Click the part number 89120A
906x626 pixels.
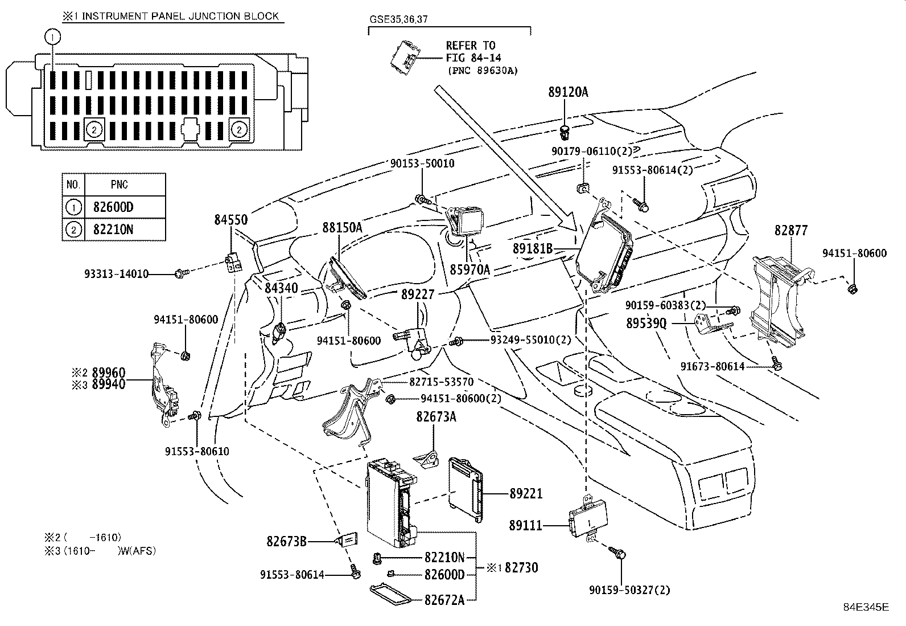[569, 92]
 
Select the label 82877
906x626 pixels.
[790, 230]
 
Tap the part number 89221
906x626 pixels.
[526, 493]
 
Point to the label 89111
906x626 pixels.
[525, 525]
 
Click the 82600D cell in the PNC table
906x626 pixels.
[113, 207]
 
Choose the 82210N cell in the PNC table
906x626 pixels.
[113, 230]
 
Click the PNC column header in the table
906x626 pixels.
[120, 185]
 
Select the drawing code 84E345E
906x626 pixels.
[866, 607]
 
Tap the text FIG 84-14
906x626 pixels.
[473, 58]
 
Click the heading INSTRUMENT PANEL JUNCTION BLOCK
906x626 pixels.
[180, 16]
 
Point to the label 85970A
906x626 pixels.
[470, 269]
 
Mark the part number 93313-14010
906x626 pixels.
[117, 274]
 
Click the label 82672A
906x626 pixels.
[444, 600]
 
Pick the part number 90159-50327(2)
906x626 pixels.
[629, 590]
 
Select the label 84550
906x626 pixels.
[231, 219]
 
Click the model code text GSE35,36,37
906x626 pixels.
[398, 19]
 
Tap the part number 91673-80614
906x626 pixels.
[713, 366]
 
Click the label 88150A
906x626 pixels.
[342, 228]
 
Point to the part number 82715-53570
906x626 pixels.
[441, 382]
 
